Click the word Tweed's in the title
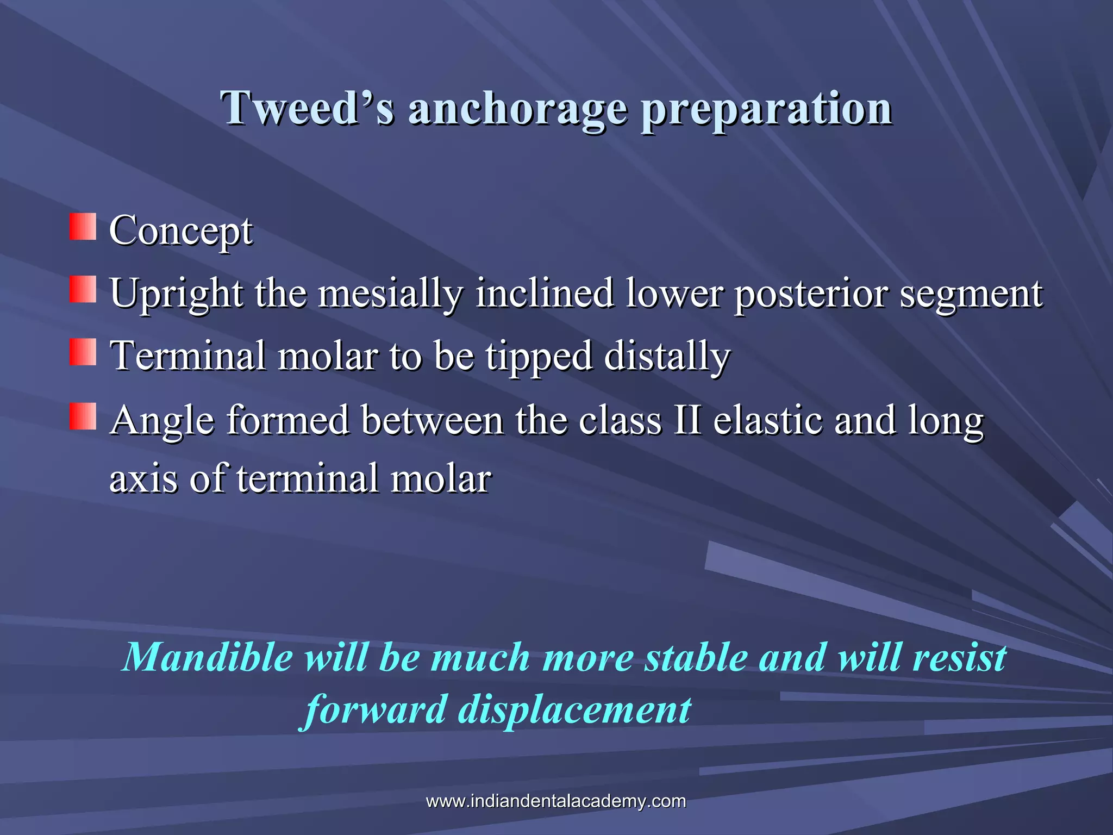307,108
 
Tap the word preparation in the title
766,109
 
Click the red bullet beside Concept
83,227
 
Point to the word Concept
181,230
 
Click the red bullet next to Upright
83,289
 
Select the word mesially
390,294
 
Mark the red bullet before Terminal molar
83,352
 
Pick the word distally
667,356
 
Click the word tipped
538,357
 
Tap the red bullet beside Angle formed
83,416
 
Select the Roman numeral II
687,420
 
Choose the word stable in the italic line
696,657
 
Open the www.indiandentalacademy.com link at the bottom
556,801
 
